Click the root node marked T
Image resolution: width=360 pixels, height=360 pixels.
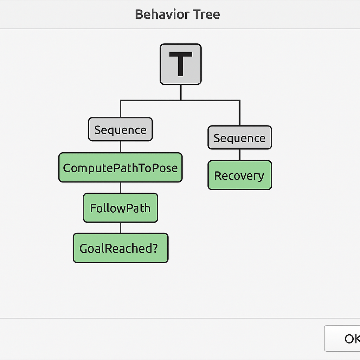(181, 64)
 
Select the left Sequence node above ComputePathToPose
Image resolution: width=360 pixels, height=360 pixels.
(120, 129)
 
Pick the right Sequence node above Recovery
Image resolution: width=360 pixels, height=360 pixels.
(240, 137)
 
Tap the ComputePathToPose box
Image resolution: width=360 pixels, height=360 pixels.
(121, 167)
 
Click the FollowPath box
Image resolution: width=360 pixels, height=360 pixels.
(121, 208)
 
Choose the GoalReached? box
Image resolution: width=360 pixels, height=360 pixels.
(121, 248)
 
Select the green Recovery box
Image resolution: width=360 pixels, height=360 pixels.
(240, 175)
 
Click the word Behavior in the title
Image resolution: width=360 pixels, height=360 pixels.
(162, 14)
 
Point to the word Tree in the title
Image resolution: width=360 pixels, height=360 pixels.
(206, 14)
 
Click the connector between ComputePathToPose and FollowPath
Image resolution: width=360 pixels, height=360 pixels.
(121, 188)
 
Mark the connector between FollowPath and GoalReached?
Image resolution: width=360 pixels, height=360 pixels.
(121, 228)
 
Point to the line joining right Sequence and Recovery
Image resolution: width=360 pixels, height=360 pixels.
(240, 155)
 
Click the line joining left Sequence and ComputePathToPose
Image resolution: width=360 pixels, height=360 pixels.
(121, 147)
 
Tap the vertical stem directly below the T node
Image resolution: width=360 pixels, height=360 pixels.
(181, 92)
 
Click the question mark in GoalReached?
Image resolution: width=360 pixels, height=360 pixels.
(155, 248)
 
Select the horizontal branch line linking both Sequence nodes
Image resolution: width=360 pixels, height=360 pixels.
(180, 100)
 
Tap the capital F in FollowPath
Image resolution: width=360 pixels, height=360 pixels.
(93, 208)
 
